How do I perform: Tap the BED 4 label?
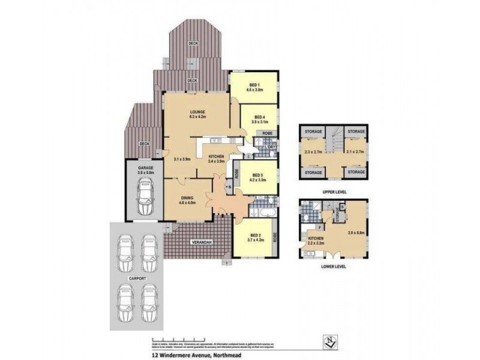[260, 117]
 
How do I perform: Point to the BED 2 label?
[255, 236]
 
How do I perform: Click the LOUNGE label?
[197, 112]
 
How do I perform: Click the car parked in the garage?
[145, 199]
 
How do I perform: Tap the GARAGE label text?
[146, 168]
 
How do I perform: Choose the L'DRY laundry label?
[271, 146]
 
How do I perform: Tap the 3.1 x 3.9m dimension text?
[182, 160]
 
